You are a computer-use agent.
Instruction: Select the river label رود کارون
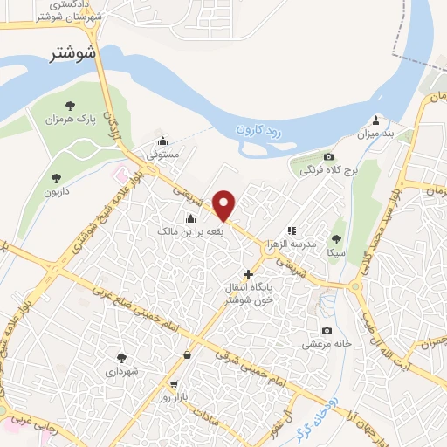click(261, 131)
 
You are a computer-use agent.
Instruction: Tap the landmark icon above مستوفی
click(162, 142)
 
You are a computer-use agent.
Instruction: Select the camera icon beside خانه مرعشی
click(327, 330)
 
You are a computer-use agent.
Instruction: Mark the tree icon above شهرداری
click(121, 357)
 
